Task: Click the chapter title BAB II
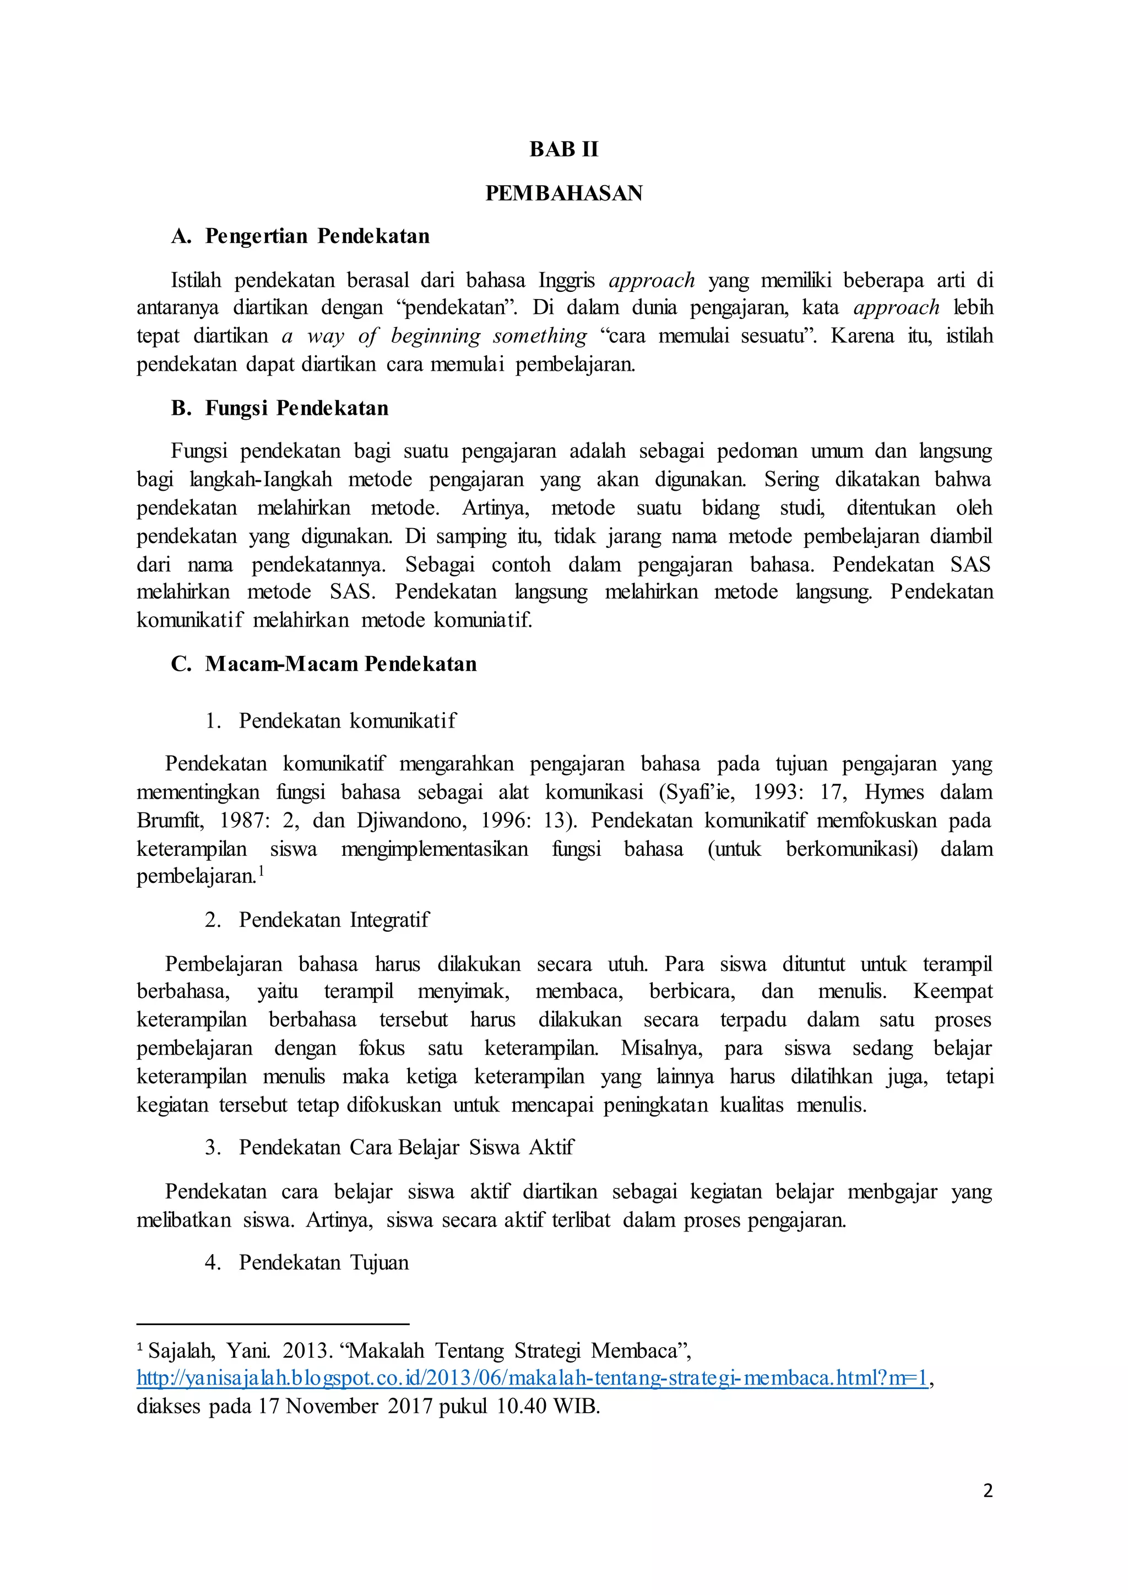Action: click(563, 149)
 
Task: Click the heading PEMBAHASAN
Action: click(563, 193)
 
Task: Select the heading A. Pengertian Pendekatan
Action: click(300, 236)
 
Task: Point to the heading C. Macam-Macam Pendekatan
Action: click(324, 664)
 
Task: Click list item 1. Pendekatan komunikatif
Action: click(330, 720)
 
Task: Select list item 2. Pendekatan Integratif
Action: click(317, 920)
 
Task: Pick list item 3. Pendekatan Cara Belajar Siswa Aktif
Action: click(389, 1147)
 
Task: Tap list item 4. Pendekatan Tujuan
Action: click(307, 1262)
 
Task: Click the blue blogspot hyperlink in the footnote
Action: click(532, 1378)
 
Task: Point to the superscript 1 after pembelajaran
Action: click(261, 870)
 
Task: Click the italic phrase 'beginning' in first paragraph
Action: click(436, 336)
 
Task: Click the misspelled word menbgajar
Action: click(892, 1192)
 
